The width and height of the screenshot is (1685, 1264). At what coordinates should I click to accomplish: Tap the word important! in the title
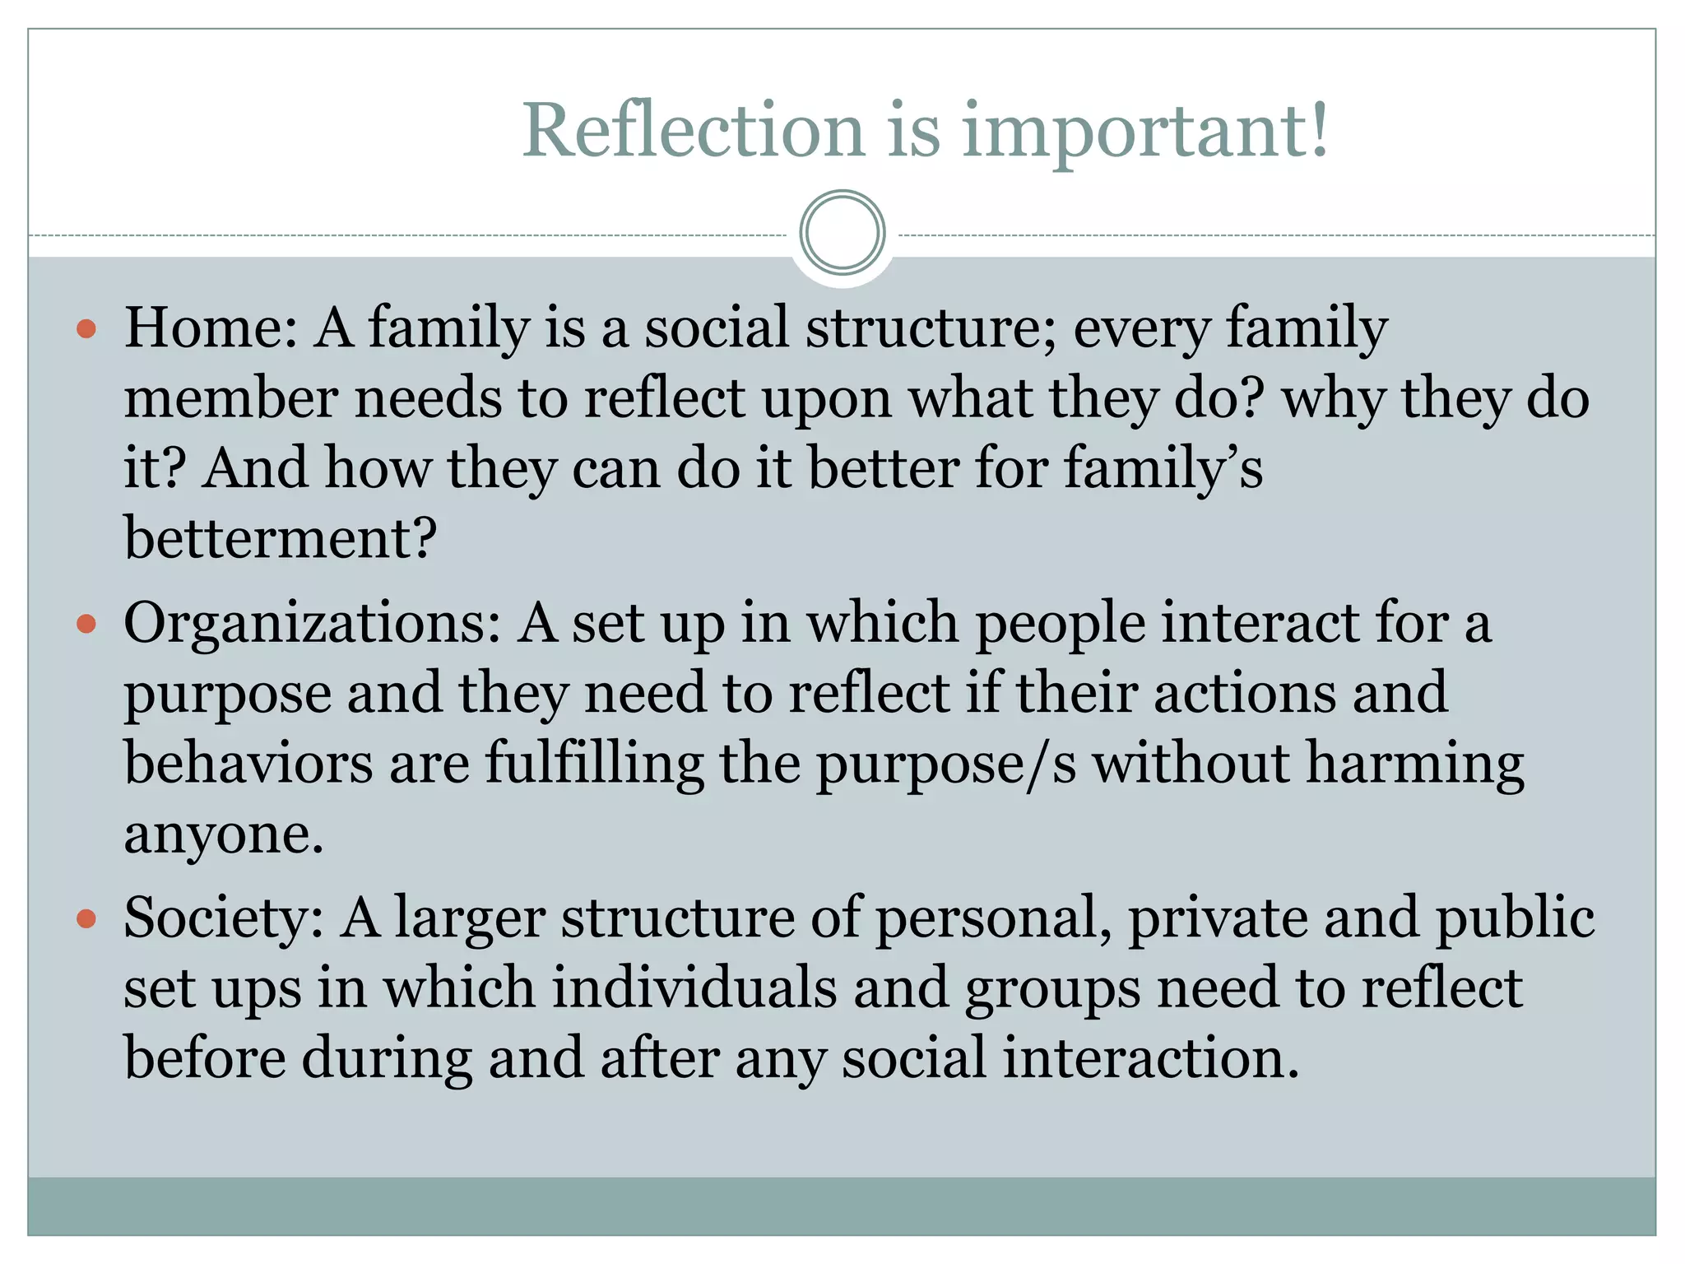(x=1144, y=132)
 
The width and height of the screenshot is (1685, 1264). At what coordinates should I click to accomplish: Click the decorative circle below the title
(x=842, y=233)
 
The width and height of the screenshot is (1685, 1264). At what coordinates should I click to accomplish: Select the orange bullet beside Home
(x=86, y=330)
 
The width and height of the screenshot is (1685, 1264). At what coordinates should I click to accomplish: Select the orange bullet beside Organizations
(x=86, y=625)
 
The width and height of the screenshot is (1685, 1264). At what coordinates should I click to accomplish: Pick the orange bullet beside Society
(x=86, y=918)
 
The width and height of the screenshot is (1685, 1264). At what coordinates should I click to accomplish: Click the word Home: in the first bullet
(x=211, y=328)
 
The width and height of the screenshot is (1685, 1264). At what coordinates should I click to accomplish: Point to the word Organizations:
(x=313, y=623)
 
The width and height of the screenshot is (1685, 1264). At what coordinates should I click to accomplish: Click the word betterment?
(x=280, y=538)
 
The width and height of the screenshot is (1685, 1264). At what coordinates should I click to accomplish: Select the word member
(x=231, y=398)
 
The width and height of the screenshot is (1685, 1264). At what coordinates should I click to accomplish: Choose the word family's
(x=1163, y=469)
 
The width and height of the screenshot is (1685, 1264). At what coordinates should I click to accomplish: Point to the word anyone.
(x=224, y=835)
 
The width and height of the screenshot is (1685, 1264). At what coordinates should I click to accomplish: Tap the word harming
(x=1415, y=764)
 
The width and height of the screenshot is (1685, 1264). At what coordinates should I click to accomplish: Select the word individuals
(x=694, y=987)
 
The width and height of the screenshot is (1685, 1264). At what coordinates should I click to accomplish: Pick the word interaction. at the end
(x=1151, y=1058)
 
